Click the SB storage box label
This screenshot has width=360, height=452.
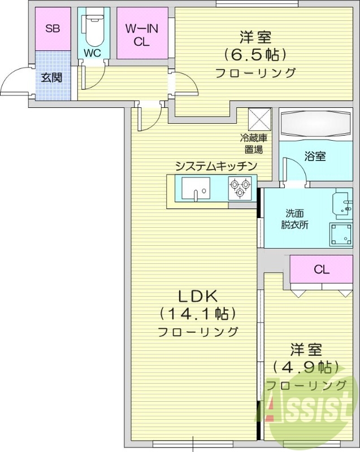pyautogui.click(x=53, y=29)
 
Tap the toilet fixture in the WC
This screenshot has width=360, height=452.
pyautogui.click(x=93, y=28)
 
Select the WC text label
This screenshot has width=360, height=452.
pyautogui.click(x=92, y=53)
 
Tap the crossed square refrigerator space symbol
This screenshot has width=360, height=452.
pyautogui.click(x=261, y=120)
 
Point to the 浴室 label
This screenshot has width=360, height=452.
pyautogui.click(x=315, y=157)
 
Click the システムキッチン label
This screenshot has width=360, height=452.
pyautogui.click(x=216, y=166)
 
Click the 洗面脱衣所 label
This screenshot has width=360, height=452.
pyautogui.click(x=295, y=219)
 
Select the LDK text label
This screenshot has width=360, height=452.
pyautogui.click(x=198, y=295)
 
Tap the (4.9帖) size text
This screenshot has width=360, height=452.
pyautogui.click(x=306, y=367)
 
